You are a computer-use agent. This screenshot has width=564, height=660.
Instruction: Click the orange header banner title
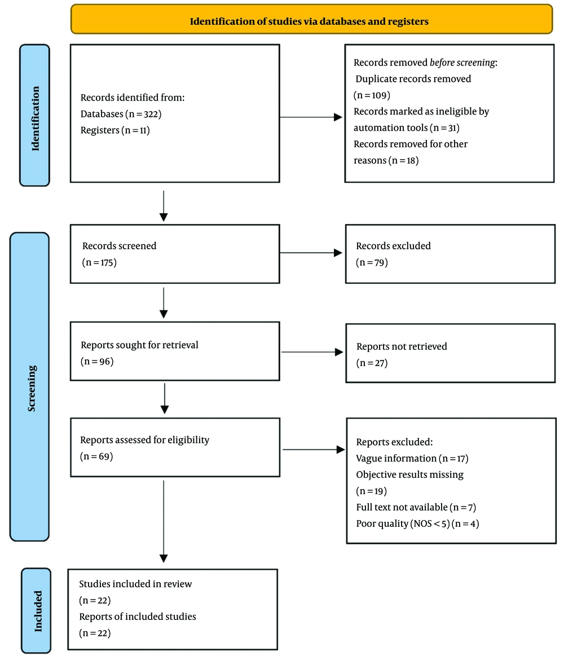pyautogui.click(x=310, y=22)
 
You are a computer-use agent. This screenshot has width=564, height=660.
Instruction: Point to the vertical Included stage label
pyautogui.click(x=37, y=610)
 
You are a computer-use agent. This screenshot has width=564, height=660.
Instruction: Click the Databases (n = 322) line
pyautogui.click(x=121, y=114)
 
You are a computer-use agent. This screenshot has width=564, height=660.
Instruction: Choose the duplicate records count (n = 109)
pyautogui.click(x=372, y=95)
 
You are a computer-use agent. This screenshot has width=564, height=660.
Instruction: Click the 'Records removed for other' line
pyautogui.click(x=410, y=144)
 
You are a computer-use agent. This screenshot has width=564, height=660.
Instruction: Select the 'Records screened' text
pyautogui.click(x=119, y=246)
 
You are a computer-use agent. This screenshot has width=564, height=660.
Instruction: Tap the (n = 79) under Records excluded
pyautogui.click(x=372, y=262)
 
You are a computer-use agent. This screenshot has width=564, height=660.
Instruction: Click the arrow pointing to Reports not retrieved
pyautogui.click(x=312, y=352)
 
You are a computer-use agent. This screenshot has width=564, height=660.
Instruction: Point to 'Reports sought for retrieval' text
pyautogui.click(x=139, y=345)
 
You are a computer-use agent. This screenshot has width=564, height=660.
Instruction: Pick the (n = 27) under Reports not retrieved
pyautogui.click(x=372, y=362)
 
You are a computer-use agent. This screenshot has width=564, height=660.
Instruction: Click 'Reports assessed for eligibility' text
pyautogui.click(x=144, y=440)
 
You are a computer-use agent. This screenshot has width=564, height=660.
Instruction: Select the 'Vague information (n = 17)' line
pyautogui.click(x=412, y=459)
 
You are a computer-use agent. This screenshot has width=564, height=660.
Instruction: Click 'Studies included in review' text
pyautogui.click(x=135, y=584)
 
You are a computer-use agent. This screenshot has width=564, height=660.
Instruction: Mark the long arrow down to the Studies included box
pyautogui.click(x=164, y=519)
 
